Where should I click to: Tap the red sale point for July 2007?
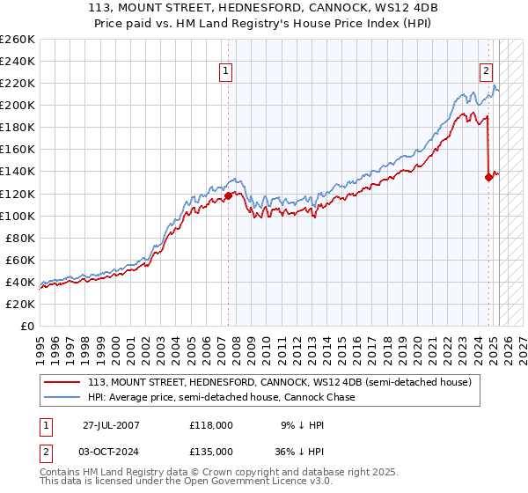228,195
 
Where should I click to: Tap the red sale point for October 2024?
488,177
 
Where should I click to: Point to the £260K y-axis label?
18,40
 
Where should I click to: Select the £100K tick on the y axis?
18,216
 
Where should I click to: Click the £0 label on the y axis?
26,326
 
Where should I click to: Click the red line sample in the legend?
62,382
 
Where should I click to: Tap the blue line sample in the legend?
62,397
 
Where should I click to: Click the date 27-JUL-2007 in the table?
111,423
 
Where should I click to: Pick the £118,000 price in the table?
210,423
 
